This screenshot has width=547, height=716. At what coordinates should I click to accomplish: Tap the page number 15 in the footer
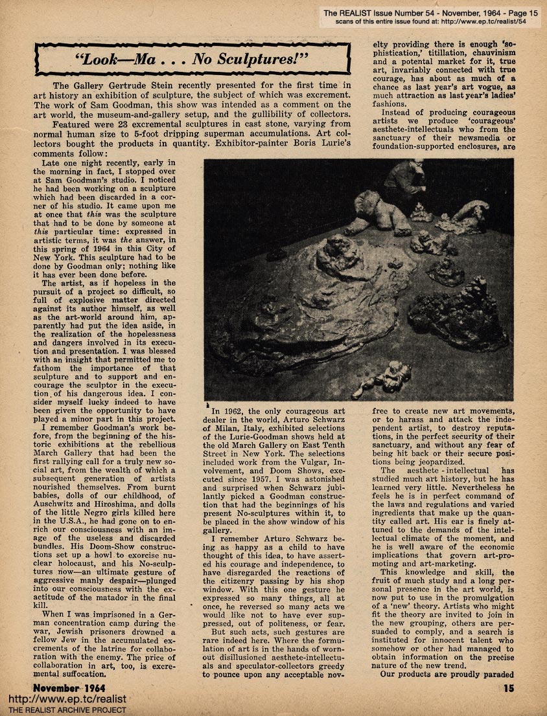pyautogui.click(x=508, y=688)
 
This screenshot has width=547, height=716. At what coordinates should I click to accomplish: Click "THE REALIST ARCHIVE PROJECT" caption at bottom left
pyautogui.click(x=64, y=710)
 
